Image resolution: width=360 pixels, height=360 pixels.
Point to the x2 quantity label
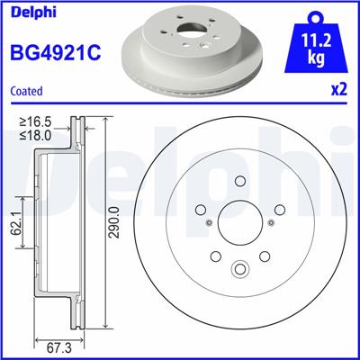click(x=339, y=91)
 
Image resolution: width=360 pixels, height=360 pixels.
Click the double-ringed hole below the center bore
click(x=240, y=268)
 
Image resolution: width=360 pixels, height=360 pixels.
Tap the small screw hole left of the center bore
click(x=209, y=224)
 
